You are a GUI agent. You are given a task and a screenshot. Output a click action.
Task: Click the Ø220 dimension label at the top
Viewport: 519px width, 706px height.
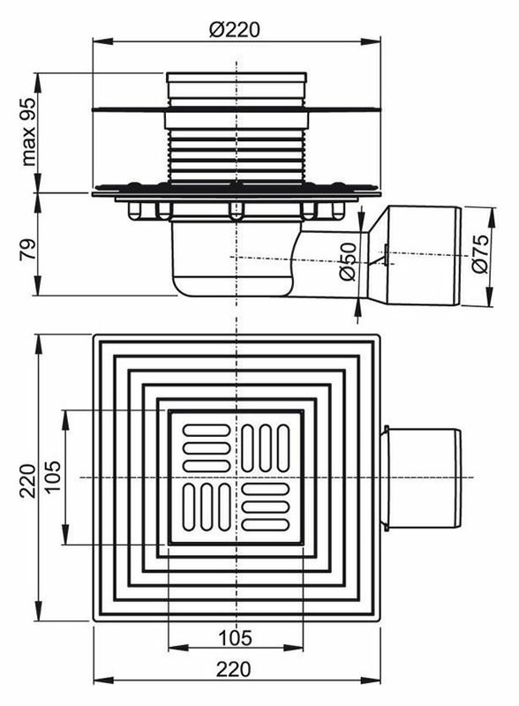(x=235, y=30)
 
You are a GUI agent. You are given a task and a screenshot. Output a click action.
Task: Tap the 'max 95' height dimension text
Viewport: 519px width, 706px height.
(x=28, y=131)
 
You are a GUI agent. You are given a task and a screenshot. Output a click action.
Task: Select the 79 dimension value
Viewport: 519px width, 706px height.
(x=28, y=249)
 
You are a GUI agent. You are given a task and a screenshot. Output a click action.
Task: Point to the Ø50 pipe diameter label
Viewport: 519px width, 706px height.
(x=349, y=261)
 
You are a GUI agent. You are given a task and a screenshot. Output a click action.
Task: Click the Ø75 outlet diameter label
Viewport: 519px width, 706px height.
(x=480, y=253)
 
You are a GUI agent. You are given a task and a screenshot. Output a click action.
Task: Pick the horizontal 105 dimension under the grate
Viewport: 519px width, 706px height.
(x=235, y=637)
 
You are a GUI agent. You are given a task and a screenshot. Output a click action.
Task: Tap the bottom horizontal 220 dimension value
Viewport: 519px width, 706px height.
(x=234, y=669)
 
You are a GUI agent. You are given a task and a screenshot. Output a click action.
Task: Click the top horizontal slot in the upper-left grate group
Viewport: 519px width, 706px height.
(x=207, y=430)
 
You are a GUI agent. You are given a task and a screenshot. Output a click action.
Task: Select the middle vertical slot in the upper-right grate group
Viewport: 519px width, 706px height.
(x=266, y=448)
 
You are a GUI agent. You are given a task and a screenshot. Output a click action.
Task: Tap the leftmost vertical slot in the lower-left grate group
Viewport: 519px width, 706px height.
(x=189, y=507)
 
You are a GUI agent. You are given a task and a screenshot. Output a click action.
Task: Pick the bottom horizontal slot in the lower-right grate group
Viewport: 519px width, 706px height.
(x=266, y=524)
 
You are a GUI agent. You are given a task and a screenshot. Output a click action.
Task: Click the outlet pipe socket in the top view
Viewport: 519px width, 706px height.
(x=421, y=478)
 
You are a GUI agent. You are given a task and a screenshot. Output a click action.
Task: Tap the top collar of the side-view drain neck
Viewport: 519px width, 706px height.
(x=237, y=78)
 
